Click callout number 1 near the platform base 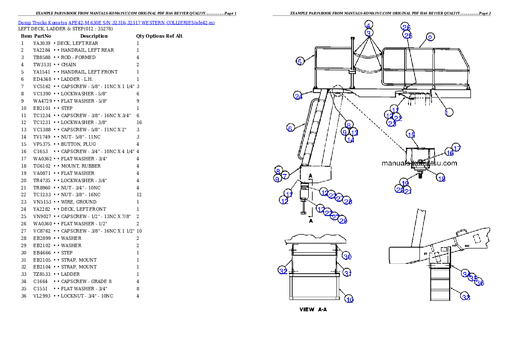[x=449, y=112]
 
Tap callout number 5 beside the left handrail [x=300, y=61]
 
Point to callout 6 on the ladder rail [x=290, y=128]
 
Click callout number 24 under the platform [x=299, y=96]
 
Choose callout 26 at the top [x=406, y=27]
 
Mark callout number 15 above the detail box [x=411, y=134]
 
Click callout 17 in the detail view [x=456, y=148]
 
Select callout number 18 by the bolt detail [x=441, y=179]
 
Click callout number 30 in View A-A [x=347, y=257]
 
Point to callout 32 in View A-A [x=283, y=271]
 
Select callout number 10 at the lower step [x=349, y=300]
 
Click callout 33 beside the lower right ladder [x=466, y=297]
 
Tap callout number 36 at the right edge [x=480, y=283]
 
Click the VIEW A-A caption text [x=313, y=310]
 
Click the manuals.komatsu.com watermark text [x=419, y=163]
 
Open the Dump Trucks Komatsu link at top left [x=116, y=22]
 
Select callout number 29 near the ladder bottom [x=343, y=221]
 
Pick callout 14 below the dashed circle [x=350, y=139]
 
